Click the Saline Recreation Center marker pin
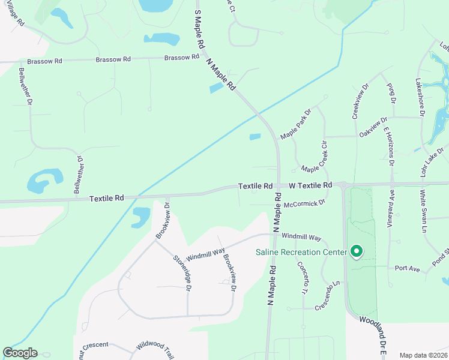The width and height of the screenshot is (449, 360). pos(357,251)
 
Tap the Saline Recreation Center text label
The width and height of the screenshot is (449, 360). pos(301,252)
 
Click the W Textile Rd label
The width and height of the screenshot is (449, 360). pos(310,186)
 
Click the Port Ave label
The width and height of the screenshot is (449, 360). pos(407,268)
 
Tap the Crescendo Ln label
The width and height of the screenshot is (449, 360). pos(332,295)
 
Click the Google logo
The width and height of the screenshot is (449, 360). pos(20,353)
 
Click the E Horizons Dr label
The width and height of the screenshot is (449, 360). pos(388,146)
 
